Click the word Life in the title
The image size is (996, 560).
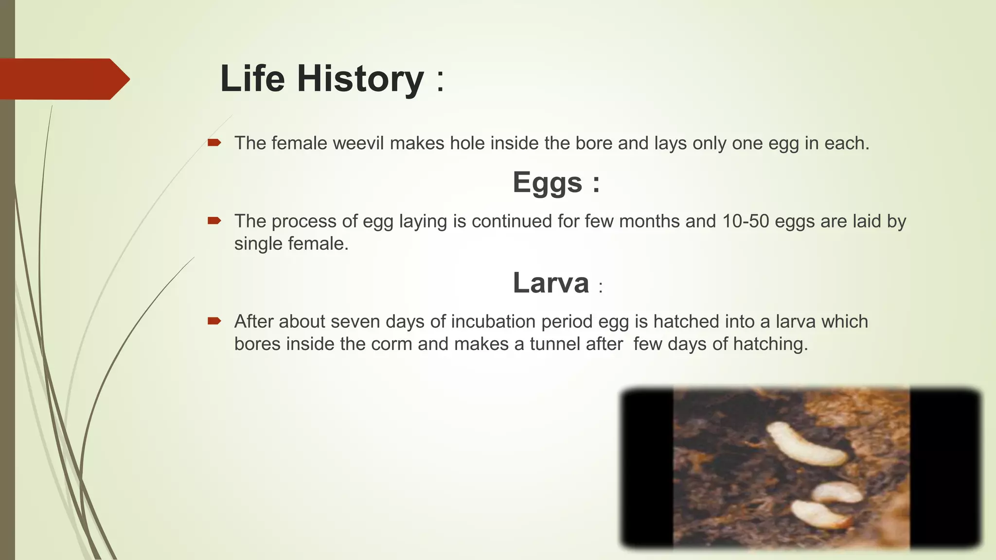252,79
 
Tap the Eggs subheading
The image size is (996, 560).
548,183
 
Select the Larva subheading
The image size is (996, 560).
551,283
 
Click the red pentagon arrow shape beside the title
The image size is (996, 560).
63,79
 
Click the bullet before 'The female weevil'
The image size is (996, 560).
214,143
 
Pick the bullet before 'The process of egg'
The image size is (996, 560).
214,221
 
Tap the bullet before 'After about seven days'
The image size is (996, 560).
214,321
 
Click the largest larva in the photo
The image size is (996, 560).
805,445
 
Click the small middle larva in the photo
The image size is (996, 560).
836,492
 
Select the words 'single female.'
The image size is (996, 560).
291,244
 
